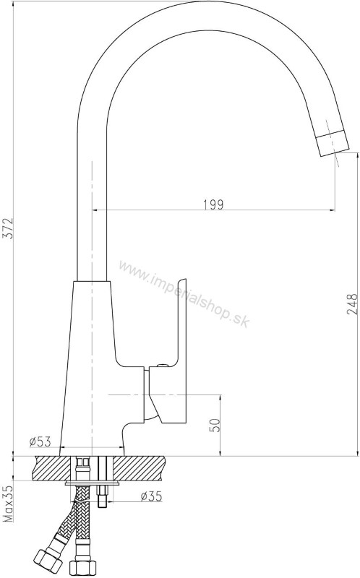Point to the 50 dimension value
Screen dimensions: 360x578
(215, 425)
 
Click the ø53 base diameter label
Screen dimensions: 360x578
(40, 441)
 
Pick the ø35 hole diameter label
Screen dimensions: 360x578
(152, 496)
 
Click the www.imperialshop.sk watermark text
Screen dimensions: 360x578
(184, 294)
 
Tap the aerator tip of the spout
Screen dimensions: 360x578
(332, 144)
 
